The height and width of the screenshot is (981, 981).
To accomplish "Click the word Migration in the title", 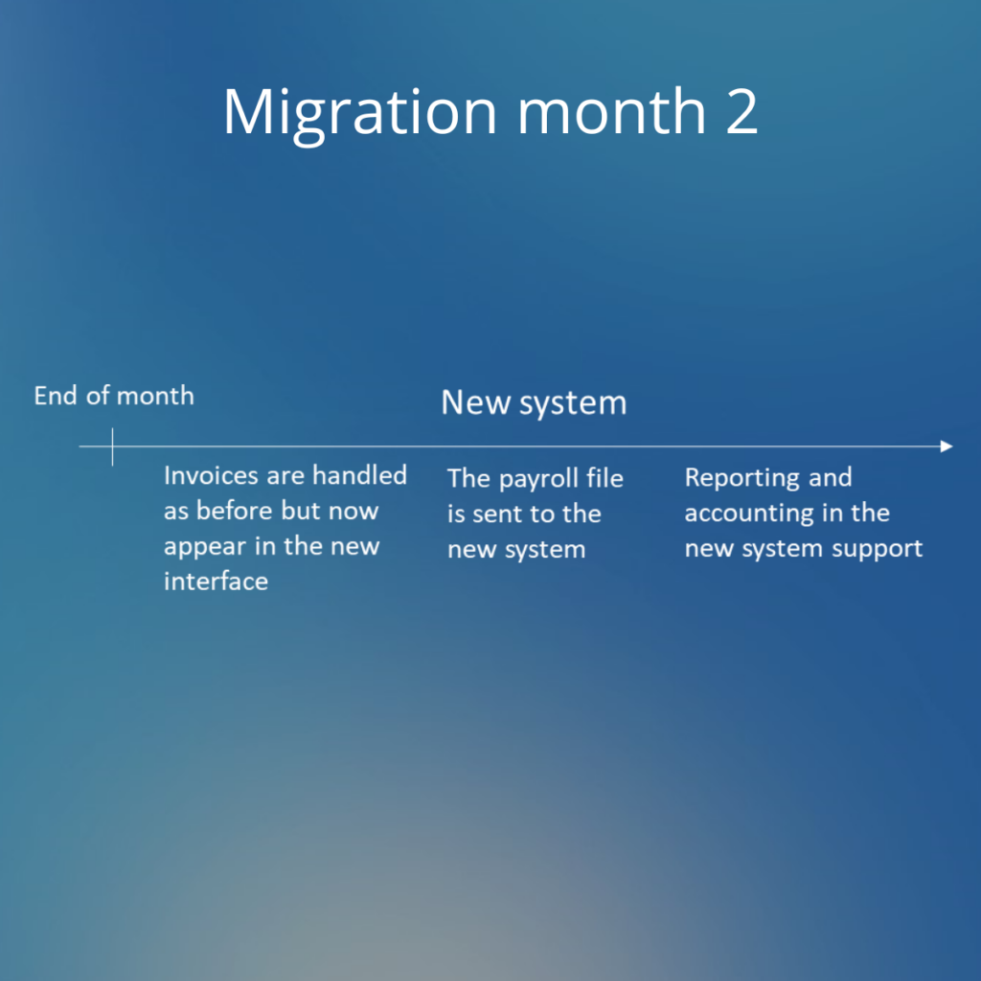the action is click(x=360, y=115).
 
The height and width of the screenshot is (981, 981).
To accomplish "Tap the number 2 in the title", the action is click(x=742, y=112).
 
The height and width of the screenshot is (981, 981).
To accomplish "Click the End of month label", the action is click(x=114, y=396).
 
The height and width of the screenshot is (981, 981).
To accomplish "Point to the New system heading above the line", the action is click(x=534, y=402).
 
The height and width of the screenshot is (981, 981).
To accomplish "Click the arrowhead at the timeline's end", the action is click(x=947, y=446).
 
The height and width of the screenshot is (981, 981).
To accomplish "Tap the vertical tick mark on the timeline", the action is click(x=113, y=446).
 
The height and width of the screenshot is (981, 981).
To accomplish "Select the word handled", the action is click(x=360, y=475).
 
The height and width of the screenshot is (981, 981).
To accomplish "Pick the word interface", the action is click(x=216, y=582).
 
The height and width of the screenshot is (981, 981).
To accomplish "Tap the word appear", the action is click(x=205, y=548).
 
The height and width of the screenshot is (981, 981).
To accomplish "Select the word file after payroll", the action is click(x=605, y=478).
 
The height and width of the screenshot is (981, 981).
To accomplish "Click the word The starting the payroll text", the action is click(x=468, y=479).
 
